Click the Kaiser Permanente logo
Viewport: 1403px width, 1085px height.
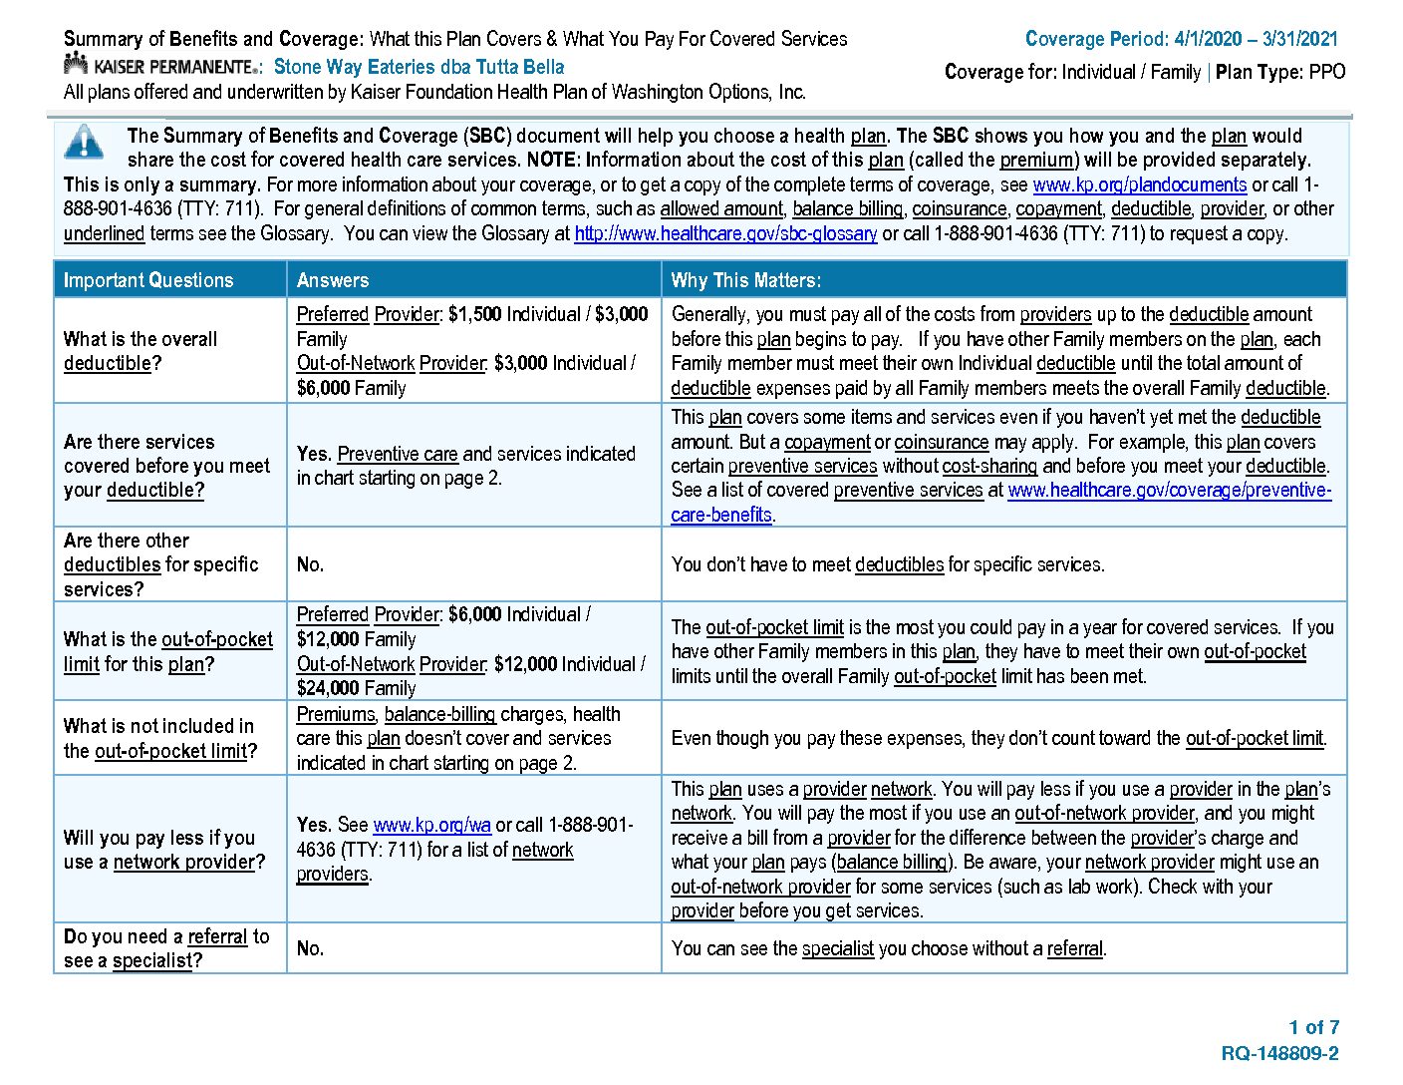[160, 67]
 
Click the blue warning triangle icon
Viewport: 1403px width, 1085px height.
[84, 143]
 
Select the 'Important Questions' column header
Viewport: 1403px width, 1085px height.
[148, 280]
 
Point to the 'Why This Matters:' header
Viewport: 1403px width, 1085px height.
[746, 280]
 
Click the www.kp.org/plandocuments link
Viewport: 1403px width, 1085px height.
[1139, 184]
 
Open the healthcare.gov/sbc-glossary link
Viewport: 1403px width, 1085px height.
[725, 233]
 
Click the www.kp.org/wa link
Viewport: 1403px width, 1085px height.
[431, 825]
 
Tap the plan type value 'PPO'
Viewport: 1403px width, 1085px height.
[1327, 72]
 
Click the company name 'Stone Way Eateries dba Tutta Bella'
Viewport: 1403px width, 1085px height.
[419, 67]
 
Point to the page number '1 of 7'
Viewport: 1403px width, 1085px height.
[1313, 1027]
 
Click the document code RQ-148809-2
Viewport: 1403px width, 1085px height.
[1279, 1053]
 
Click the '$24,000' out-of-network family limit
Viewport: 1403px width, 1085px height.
[328, 688]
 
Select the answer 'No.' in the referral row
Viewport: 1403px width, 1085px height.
[310, 948]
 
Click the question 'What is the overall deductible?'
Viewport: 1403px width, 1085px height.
[140, 351]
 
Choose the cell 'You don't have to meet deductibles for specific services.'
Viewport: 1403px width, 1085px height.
[887, 564]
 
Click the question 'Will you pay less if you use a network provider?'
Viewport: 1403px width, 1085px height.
[164, 850]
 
